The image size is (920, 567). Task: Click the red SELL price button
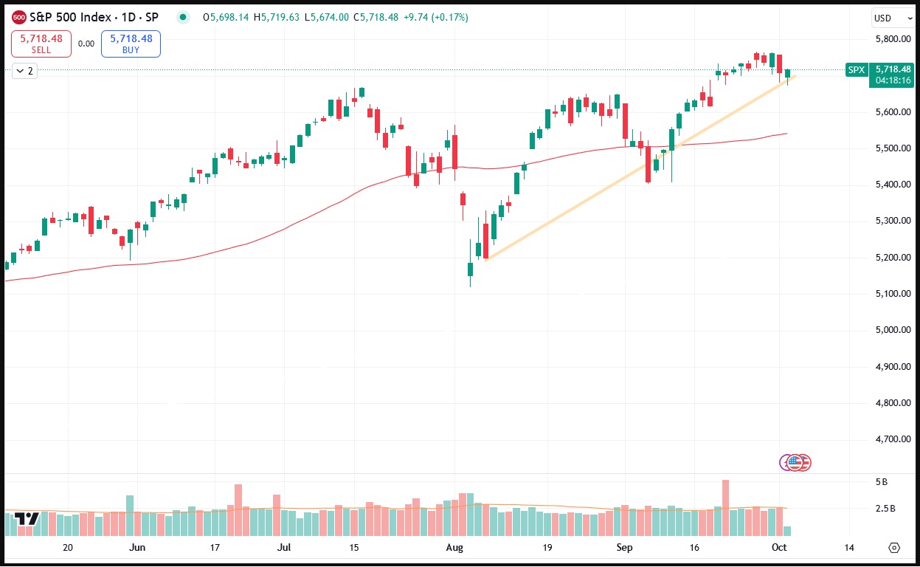tap(41, 44)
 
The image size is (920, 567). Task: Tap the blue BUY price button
tap(131, 44)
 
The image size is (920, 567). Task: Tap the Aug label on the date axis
tap(454, 548)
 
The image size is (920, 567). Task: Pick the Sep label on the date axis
tap(625, 548)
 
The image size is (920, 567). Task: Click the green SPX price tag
tap(856, 70)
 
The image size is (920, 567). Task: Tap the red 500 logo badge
tap(20, 18)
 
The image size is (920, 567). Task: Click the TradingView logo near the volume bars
tap(27, 518)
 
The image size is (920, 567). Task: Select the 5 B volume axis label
tap(881, 482)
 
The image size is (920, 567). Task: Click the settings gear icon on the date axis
tap(895, 548)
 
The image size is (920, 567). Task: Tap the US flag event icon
tap(795, 463)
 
